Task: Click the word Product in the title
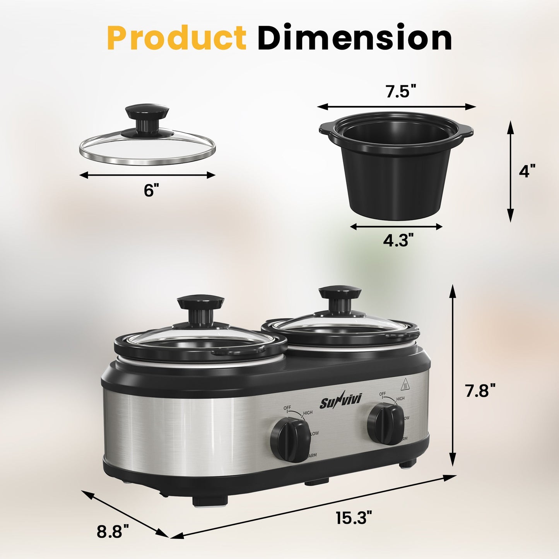[x=176, y=38]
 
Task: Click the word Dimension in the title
[x=354, y=38]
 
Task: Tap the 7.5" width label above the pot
[x=400, y=92]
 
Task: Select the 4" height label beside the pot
[x=527, y=171]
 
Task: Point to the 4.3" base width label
[x=396, y=241]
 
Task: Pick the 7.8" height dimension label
[x=480, y=391]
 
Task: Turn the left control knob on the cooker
[x=290, y=441]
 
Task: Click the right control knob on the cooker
[x=385, y=423]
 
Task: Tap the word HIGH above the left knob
[x=308, y=413]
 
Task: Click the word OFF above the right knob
[x=382, y=394]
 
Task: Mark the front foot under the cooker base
[x=210, y=501]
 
